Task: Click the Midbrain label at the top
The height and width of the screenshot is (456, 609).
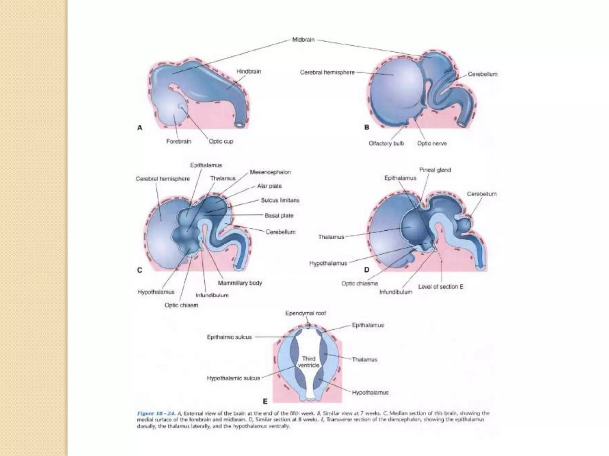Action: click(x=303, y=40)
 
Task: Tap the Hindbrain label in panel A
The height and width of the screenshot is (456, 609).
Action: click(x=249, y=72)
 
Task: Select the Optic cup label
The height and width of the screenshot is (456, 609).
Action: click(x=221, y=141)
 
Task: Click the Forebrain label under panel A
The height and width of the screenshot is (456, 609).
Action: click(x=178, y=141)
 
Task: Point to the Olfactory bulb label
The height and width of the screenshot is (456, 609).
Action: click(x=386, y=143)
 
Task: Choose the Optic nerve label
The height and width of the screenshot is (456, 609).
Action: click(x=432, y=143)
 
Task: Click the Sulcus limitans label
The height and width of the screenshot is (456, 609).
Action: click(x=280, y=200)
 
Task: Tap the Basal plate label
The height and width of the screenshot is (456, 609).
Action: click(x=279, y=216)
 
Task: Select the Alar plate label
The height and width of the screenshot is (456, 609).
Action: click(x=269, y=186)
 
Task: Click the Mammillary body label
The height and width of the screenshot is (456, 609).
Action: click(x=240, y=283)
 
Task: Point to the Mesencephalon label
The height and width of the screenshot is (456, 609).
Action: click(x=270, y=172)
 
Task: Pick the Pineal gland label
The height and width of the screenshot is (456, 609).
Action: click(x=435, y=170)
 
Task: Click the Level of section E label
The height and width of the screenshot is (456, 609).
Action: click(x=440, y=287)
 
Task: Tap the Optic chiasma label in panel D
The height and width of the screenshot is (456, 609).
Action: click(x=360, y=284)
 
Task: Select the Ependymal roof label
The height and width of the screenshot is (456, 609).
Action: click(x=305, y=313)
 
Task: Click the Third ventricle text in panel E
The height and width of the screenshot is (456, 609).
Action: click(x=309, y=362)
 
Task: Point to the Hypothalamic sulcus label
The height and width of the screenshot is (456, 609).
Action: click(x=233, y=378)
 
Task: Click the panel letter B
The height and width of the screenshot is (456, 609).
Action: click(x=367, y=127)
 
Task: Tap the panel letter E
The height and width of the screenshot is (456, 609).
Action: click(x=265, y=401)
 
